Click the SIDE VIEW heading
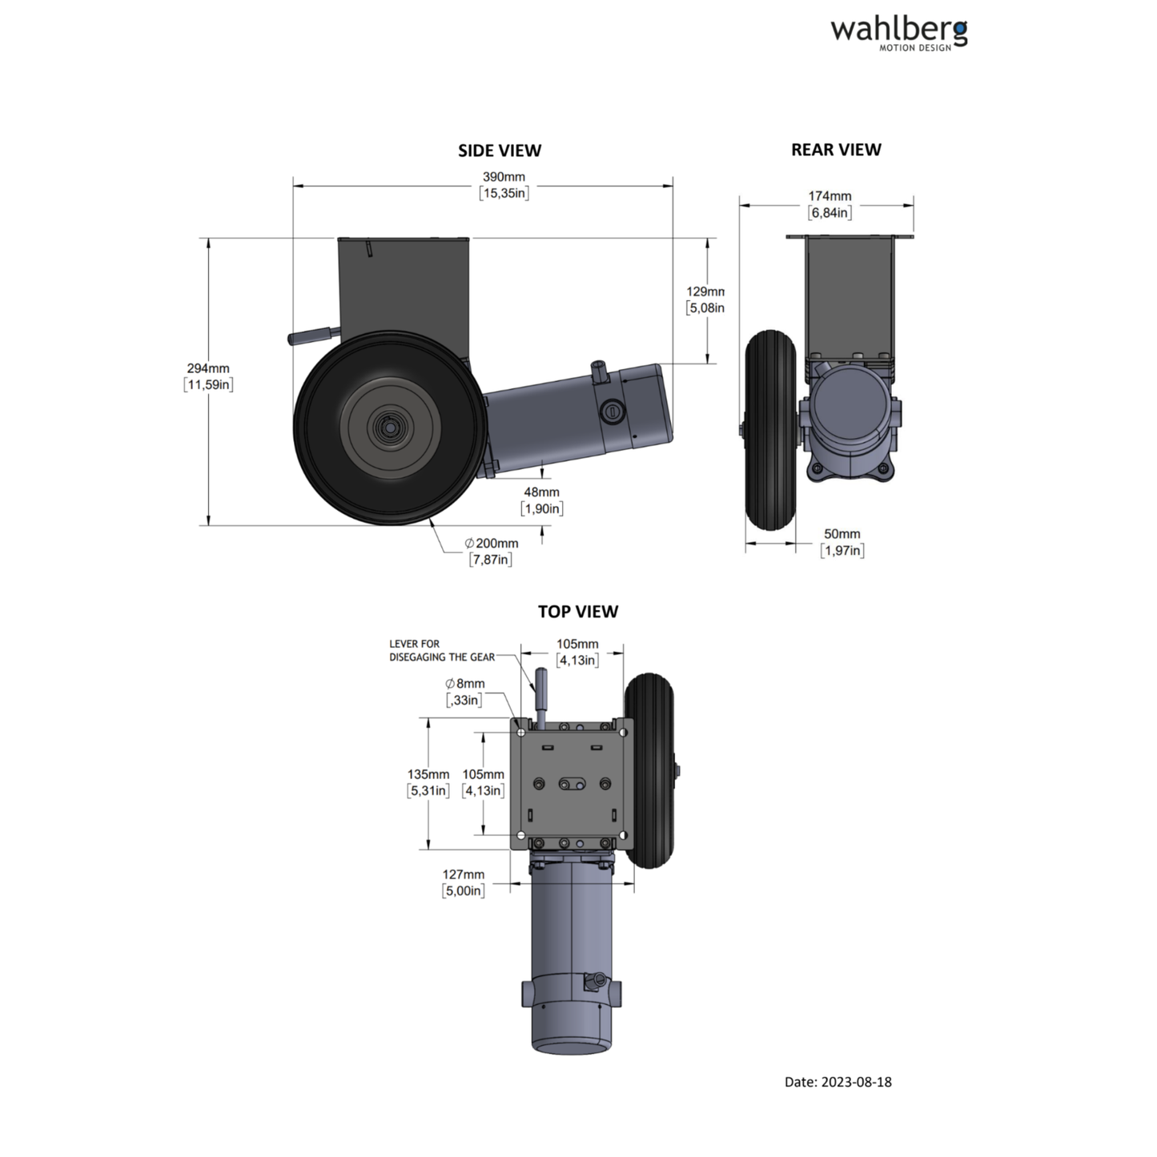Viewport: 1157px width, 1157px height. pyautogui.click(x=499, y=151)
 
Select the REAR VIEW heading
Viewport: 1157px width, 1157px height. pyautogui.click(x=835, y=150)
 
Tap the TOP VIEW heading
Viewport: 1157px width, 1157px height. pyautogui.click(x=577, y=612)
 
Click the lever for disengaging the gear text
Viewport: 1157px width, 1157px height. pyautogui.click(x=441, y=650)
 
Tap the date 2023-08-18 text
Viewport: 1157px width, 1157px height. pyautogui.click(x=838, y=1082)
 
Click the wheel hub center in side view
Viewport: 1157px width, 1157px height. pyautogui.click(x=389, y=428)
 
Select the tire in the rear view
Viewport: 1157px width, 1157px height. pyautogui.click(x=769, y=430)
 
